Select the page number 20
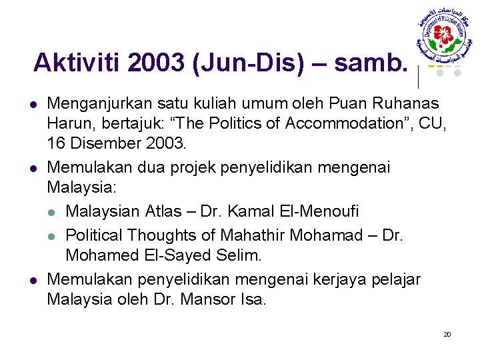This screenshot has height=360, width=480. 447,334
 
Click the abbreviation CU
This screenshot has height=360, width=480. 436,123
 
